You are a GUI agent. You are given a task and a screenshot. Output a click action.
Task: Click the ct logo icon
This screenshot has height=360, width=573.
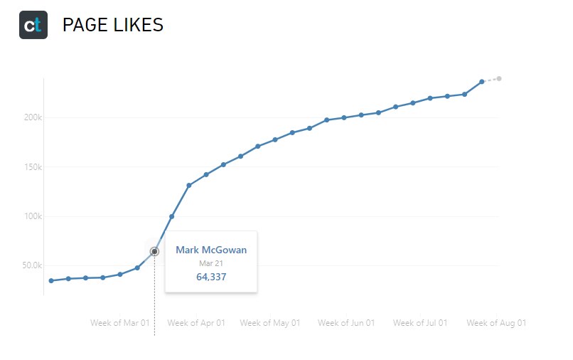point(33,25)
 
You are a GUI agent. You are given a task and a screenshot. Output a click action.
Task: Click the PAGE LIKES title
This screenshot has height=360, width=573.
point(113,26)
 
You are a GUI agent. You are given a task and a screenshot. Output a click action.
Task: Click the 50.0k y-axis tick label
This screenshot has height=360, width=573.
point(32,265)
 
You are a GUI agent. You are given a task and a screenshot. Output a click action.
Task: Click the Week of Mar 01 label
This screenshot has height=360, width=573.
point(120,323)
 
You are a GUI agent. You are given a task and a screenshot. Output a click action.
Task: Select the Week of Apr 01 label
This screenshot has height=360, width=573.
point(196,323)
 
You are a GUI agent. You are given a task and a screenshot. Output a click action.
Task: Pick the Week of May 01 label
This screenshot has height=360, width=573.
point(269,323)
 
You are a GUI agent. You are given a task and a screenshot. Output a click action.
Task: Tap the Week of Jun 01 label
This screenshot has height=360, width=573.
point(346,323)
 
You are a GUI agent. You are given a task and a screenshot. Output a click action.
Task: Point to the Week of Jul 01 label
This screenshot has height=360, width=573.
point(420,323)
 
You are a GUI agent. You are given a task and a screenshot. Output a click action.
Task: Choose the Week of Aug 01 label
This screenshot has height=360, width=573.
point(496,323)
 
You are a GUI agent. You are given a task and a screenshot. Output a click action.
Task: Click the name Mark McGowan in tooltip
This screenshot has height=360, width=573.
point(211,250)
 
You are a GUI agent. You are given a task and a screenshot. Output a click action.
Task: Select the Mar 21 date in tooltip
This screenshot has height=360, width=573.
point(211,264)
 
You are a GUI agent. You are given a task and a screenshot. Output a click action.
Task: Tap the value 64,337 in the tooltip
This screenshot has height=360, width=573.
point(211,277)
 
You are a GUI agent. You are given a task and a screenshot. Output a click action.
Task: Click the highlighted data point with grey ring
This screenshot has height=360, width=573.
point(154,251)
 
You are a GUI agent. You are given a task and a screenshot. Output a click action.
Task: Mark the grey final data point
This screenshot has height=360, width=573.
point(499,78)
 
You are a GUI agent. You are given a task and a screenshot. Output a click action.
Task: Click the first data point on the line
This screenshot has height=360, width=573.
point(51,280)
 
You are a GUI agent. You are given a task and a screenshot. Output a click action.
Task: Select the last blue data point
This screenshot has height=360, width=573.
point(482,82)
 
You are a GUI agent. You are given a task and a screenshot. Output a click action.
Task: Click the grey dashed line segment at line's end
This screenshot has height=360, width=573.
point(491,80)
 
